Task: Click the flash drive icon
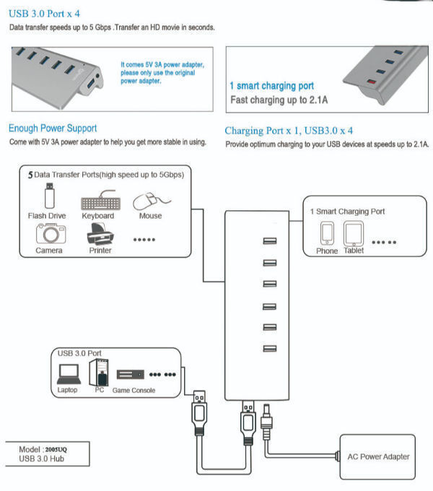(48, 195)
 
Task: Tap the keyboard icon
(97, 200)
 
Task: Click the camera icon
(50, 233)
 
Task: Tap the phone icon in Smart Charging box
(327, 232)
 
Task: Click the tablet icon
(354, 232)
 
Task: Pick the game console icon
(131, 375)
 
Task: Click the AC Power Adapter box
(378, 456)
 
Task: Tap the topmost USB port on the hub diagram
(270, 241)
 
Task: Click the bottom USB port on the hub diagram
(270, 349)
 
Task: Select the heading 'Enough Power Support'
(53, 129)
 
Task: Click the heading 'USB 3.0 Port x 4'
(46, 12)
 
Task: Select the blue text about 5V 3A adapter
(162, 73)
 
